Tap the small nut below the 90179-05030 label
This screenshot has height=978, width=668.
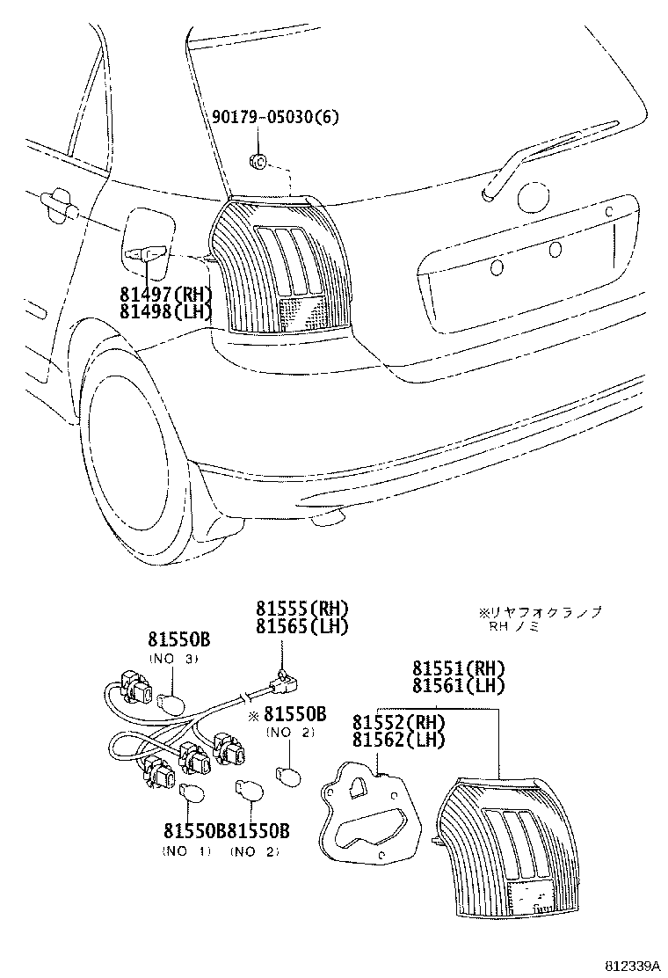point(258,160)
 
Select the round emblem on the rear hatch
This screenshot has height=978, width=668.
point(534,198)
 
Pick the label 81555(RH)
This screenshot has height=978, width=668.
point(302,609)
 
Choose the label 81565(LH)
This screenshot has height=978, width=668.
point(302,626)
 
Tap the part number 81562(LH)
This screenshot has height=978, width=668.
point(399,740)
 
